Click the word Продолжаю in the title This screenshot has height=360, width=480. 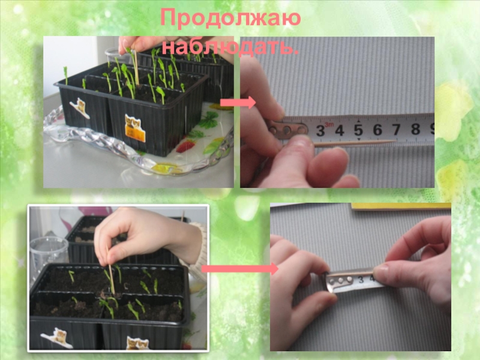(230, 19)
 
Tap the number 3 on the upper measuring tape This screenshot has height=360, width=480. (320, 131)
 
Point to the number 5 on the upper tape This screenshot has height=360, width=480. (358, 130)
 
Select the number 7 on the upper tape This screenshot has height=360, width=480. (397, 129)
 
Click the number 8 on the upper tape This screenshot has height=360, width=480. (415, 128)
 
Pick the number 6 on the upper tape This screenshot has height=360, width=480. (377, 130)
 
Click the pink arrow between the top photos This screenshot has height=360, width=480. (238, 102)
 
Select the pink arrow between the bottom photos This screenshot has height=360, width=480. (240, 269)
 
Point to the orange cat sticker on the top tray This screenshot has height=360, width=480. (135, 128)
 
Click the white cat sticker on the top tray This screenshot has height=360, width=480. (80, 108)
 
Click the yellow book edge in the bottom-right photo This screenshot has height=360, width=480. (401, 206)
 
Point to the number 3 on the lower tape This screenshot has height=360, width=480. (361, 280)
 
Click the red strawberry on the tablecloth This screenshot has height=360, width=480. (185, 146)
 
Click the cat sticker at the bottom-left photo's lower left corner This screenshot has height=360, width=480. (57, 338)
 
